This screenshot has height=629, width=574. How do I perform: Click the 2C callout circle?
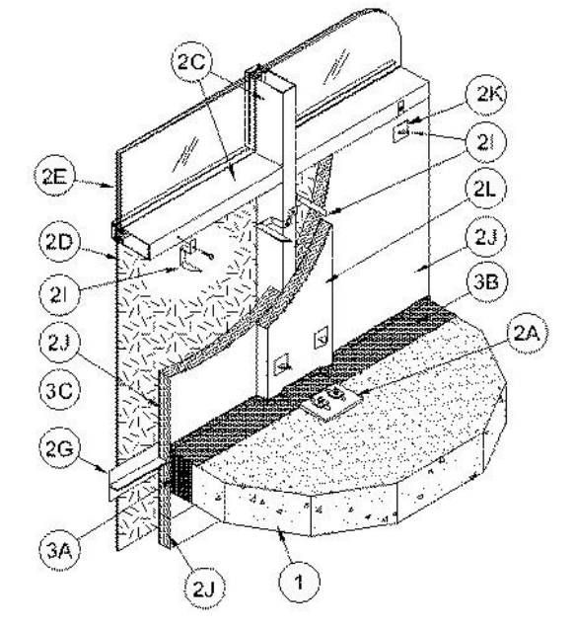coord(191,63)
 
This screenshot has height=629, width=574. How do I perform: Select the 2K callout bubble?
coord(486,94)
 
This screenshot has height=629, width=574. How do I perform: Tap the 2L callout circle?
coord(484,190)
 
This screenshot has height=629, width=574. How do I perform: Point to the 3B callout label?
coord(485,282)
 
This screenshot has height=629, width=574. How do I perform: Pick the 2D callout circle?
coord(59,242)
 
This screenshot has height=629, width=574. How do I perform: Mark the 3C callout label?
coord(60,390)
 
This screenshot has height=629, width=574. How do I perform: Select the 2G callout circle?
coord(60,449)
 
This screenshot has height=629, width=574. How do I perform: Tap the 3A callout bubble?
coord(59,550)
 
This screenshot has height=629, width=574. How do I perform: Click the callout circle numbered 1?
coord(299,582)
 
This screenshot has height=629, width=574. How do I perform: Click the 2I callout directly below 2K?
coord(486,142)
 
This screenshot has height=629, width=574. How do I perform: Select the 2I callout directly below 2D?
coord(59,293)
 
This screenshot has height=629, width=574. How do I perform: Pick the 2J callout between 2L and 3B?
coord(486,237)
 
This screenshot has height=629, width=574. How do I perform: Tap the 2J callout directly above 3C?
coord(59,343)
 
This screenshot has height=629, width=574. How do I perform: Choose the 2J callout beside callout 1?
coord(205,589)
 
